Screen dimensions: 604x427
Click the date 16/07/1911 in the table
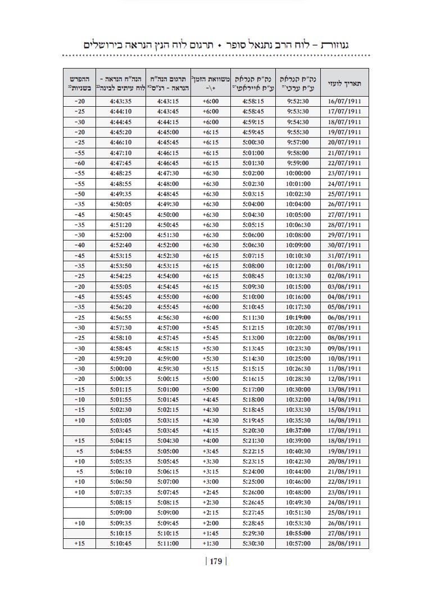(344, 102)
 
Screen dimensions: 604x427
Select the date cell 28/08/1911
(344, 543)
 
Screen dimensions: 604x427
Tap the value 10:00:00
(298, 173)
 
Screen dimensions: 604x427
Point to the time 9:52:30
(298, 102)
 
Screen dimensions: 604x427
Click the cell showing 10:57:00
(298, 543)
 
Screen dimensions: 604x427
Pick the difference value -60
(79, 163)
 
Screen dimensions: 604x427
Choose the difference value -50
(79, 194)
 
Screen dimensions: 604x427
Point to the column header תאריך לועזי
(344, 84)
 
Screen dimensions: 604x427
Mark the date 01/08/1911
(344, 266)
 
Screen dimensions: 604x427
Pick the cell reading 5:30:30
(253, 543)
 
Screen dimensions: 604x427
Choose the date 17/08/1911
(344, 430)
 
